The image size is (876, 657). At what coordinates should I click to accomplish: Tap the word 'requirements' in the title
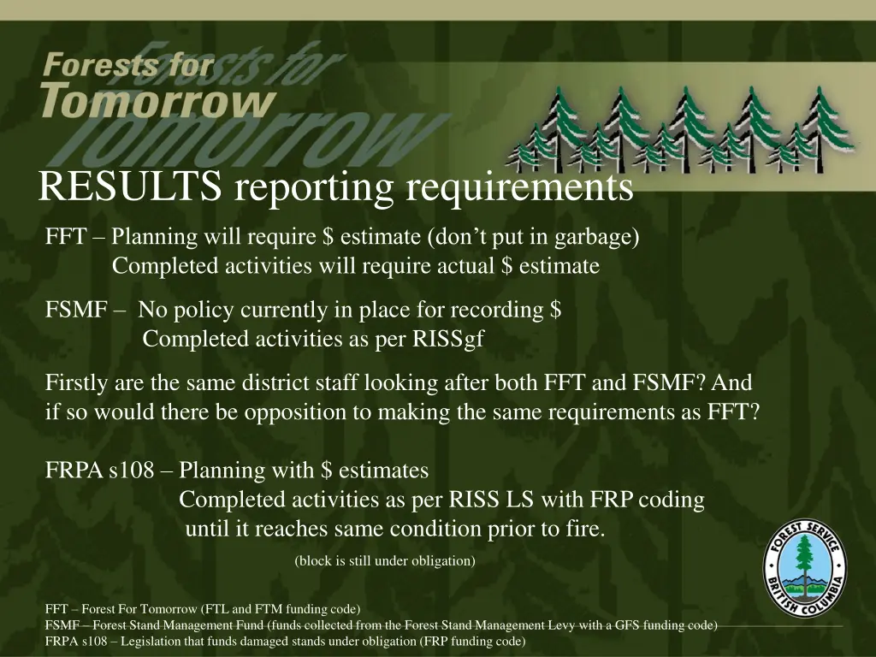click(x=519, y=188)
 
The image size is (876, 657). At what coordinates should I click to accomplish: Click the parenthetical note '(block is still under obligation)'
click(x=384, y=561)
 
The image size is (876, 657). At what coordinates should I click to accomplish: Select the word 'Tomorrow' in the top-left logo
click(x=157, y=100)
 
